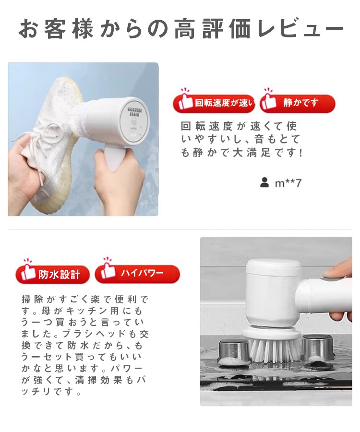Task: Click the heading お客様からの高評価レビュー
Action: [x=180, y=29]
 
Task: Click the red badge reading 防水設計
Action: [x=53, y=275]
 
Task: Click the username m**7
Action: [x=288, y=183]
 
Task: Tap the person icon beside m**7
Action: [x=264, y=182]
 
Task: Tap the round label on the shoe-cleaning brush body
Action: [x=131, y=117]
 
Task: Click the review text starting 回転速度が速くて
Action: [x=240, y=140]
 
